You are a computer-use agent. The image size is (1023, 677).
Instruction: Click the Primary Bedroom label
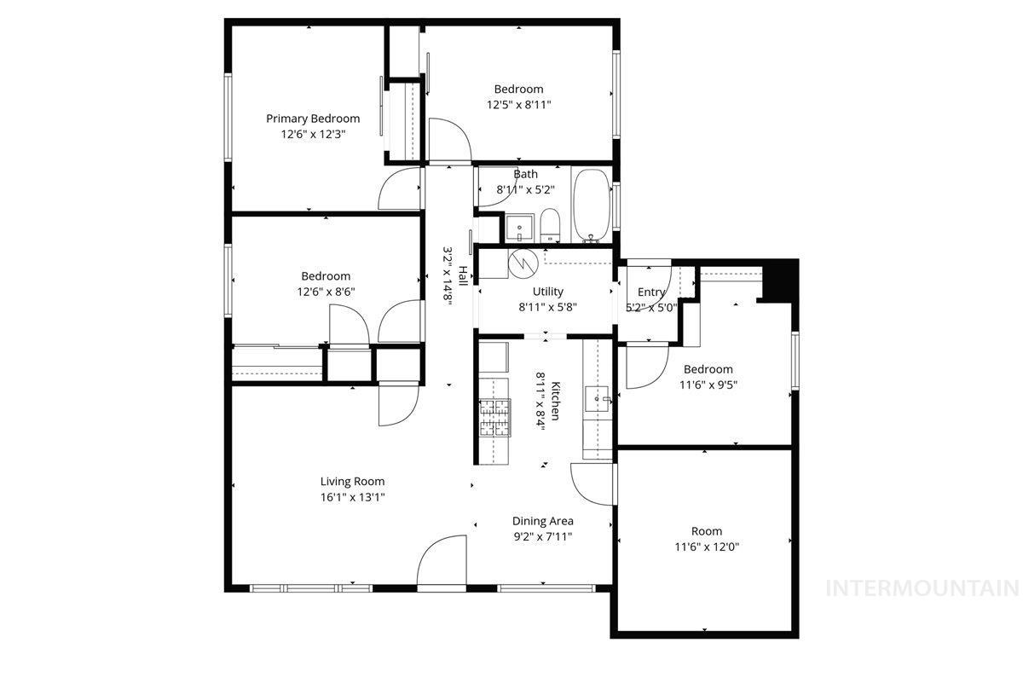click(x=312, y=119)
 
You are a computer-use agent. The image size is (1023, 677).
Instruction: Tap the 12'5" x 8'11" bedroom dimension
click(x=518, y=105)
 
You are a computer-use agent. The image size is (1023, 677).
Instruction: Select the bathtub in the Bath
click(x=590, y=205)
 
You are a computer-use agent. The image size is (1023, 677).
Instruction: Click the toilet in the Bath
click(x=550, y=225)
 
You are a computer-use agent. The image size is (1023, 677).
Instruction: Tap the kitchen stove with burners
click(x=494, y=418)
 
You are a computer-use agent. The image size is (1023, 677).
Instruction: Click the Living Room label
click(x=352, y=481)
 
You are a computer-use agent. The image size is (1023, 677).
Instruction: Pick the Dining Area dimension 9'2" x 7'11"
click(x=542, y=536)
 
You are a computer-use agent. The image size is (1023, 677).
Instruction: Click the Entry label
click(x=651, y=292)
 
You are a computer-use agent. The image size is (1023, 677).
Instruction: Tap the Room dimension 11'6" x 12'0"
click(x=706, y=547)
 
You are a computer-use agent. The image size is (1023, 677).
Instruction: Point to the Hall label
click(x=463, y=275)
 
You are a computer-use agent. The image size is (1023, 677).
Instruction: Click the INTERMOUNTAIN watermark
click(x=923, y=587)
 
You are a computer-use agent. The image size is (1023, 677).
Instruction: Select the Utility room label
click(x=547, y=292)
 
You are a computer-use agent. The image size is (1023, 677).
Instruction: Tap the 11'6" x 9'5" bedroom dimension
click(x=708, y=384)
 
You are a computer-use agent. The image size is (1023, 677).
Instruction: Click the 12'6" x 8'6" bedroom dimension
click(x=325, y=291)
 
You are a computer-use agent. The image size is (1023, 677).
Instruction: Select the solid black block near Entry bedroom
click(x=779, y=281)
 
